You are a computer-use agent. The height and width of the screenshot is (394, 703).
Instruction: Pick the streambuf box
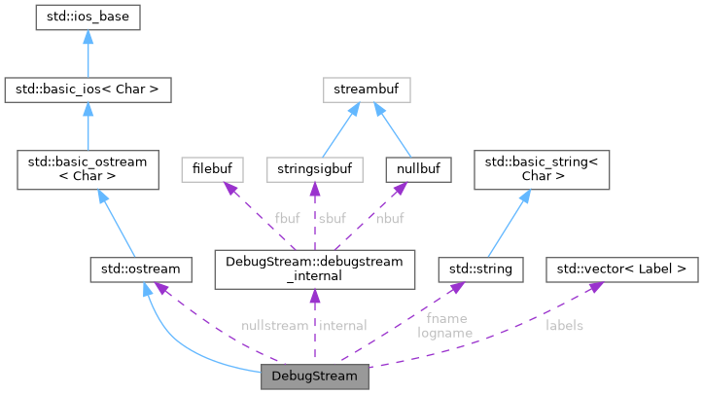click(366, 91)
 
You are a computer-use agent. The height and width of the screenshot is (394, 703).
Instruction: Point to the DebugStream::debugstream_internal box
click(314, 267)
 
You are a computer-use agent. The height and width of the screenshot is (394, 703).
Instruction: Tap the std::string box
click(481, 266)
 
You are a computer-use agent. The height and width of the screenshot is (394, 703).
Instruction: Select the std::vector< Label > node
click(620, 266)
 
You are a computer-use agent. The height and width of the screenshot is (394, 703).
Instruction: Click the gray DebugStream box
click(314, 376)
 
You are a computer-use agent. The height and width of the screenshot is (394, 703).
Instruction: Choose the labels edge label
click(564, 325)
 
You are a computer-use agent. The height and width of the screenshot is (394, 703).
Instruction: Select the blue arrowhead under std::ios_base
click(88, 36)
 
